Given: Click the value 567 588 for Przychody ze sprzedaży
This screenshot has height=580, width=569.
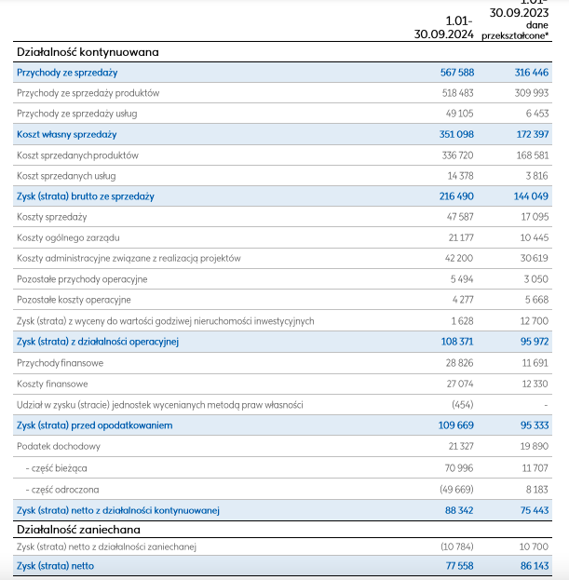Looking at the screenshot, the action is click(457, 73).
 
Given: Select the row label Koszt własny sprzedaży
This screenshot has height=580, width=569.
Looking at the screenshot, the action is click(67, 134).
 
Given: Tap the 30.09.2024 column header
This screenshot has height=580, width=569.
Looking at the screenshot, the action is click(443, 34).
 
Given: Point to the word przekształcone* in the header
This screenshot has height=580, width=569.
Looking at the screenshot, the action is click(515, 36).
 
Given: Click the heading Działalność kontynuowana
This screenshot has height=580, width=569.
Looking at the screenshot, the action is click(88, 52).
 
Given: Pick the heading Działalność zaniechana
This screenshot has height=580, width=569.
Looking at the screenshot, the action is click(78, 530).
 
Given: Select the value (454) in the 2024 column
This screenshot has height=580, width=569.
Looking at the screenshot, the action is click(463, 405).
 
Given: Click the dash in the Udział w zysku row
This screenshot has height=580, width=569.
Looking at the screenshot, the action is click(546, 405).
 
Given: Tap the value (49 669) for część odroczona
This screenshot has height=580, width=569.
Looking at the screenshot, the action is click(456, 490).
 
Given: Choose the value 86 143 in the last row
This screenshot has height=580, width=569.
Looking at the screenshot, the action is click(535, 566).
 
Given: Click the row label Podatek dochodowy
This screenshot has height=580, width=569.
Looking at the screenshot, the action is click(59, 447).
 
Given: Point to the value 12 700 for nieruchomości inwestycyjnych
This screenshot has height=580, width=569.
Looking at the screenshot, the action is click(535, 320).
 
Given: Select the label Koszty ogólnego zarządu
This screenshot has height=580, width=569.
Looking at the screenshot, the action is click(68, 237).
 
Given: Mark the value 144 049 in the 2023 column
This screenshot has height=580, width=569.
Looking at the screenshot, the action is click(531, 196).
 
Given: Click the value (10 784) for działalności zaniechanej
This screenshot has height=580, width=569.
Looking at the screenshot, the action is click(457, 546).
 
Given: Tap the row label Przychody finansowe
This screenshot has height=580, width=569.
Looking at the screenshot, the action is click(60, 363).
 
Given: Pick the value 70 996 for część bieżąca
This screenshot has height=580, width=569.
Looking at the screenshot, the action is click(459, 468).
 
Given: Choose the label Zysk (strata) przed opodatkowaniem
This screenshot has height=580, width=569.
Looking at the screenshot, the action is click(95, 425).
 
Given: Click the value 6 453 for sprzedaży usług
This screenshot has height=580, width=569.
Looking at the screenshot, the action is click(537, 114).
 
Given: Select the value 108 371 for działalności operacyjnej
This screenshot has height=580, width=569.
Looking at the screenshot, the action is click(457, 342).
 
